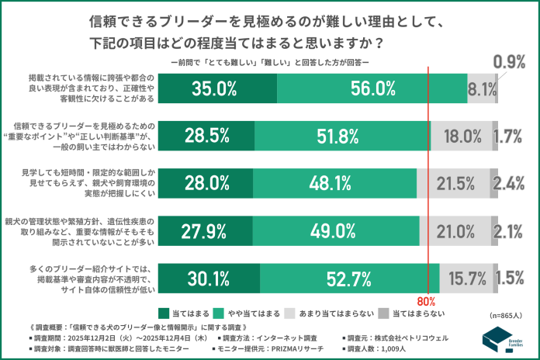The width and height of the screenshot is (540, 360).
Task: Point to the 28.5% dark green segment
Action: [x=206, y=136]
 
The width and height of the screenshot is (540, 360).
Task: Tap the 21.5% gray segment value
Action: [x=455, y=183]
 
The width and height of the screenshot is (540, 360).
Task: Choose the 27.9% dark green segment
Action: [x=206, y=230]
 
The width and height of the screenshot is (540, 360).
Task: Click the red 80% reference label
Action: [x=428, y=300]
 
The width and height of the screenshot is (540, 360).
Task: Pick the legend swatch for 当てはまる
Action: [x=163, y=313]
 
